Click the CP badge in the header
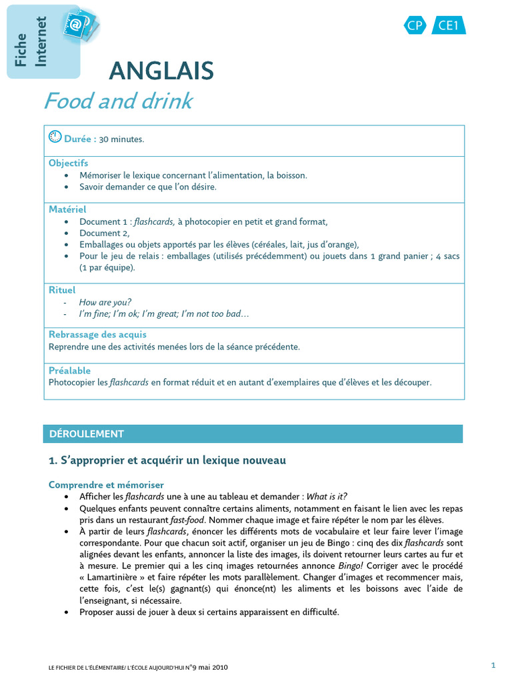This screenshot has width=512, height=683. pos(415,25)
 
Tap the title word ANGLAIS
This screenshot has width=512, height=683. pos(161,70)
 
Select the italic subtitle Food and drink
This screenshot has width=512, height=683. pos(118,101)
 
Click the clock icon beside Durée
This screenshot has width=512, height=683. pos(55,137)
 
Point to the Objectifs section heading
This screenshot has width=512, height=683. pos(68,163)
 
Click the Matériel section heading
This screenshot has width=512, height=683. pos(67,209)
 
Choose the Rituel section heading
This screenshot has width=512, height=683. pos(62,290)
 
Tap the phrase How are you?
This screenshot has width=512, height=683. pos(105,302)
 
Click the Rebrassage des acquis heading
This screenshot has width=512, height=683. pos(97,334)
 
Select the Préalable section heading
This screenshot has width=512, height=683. pos(69,370)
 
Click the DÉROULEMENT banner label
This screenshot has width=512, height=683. pos(87,434)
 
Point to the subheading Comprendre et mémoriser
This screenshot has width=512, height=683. pos(106,485)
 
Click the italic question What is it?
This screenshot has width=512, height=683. pos(326,497)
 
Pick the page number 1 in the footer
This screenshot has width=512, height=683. pos(493,664)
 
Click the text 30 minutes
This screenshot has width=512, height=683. pos(121,139)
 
